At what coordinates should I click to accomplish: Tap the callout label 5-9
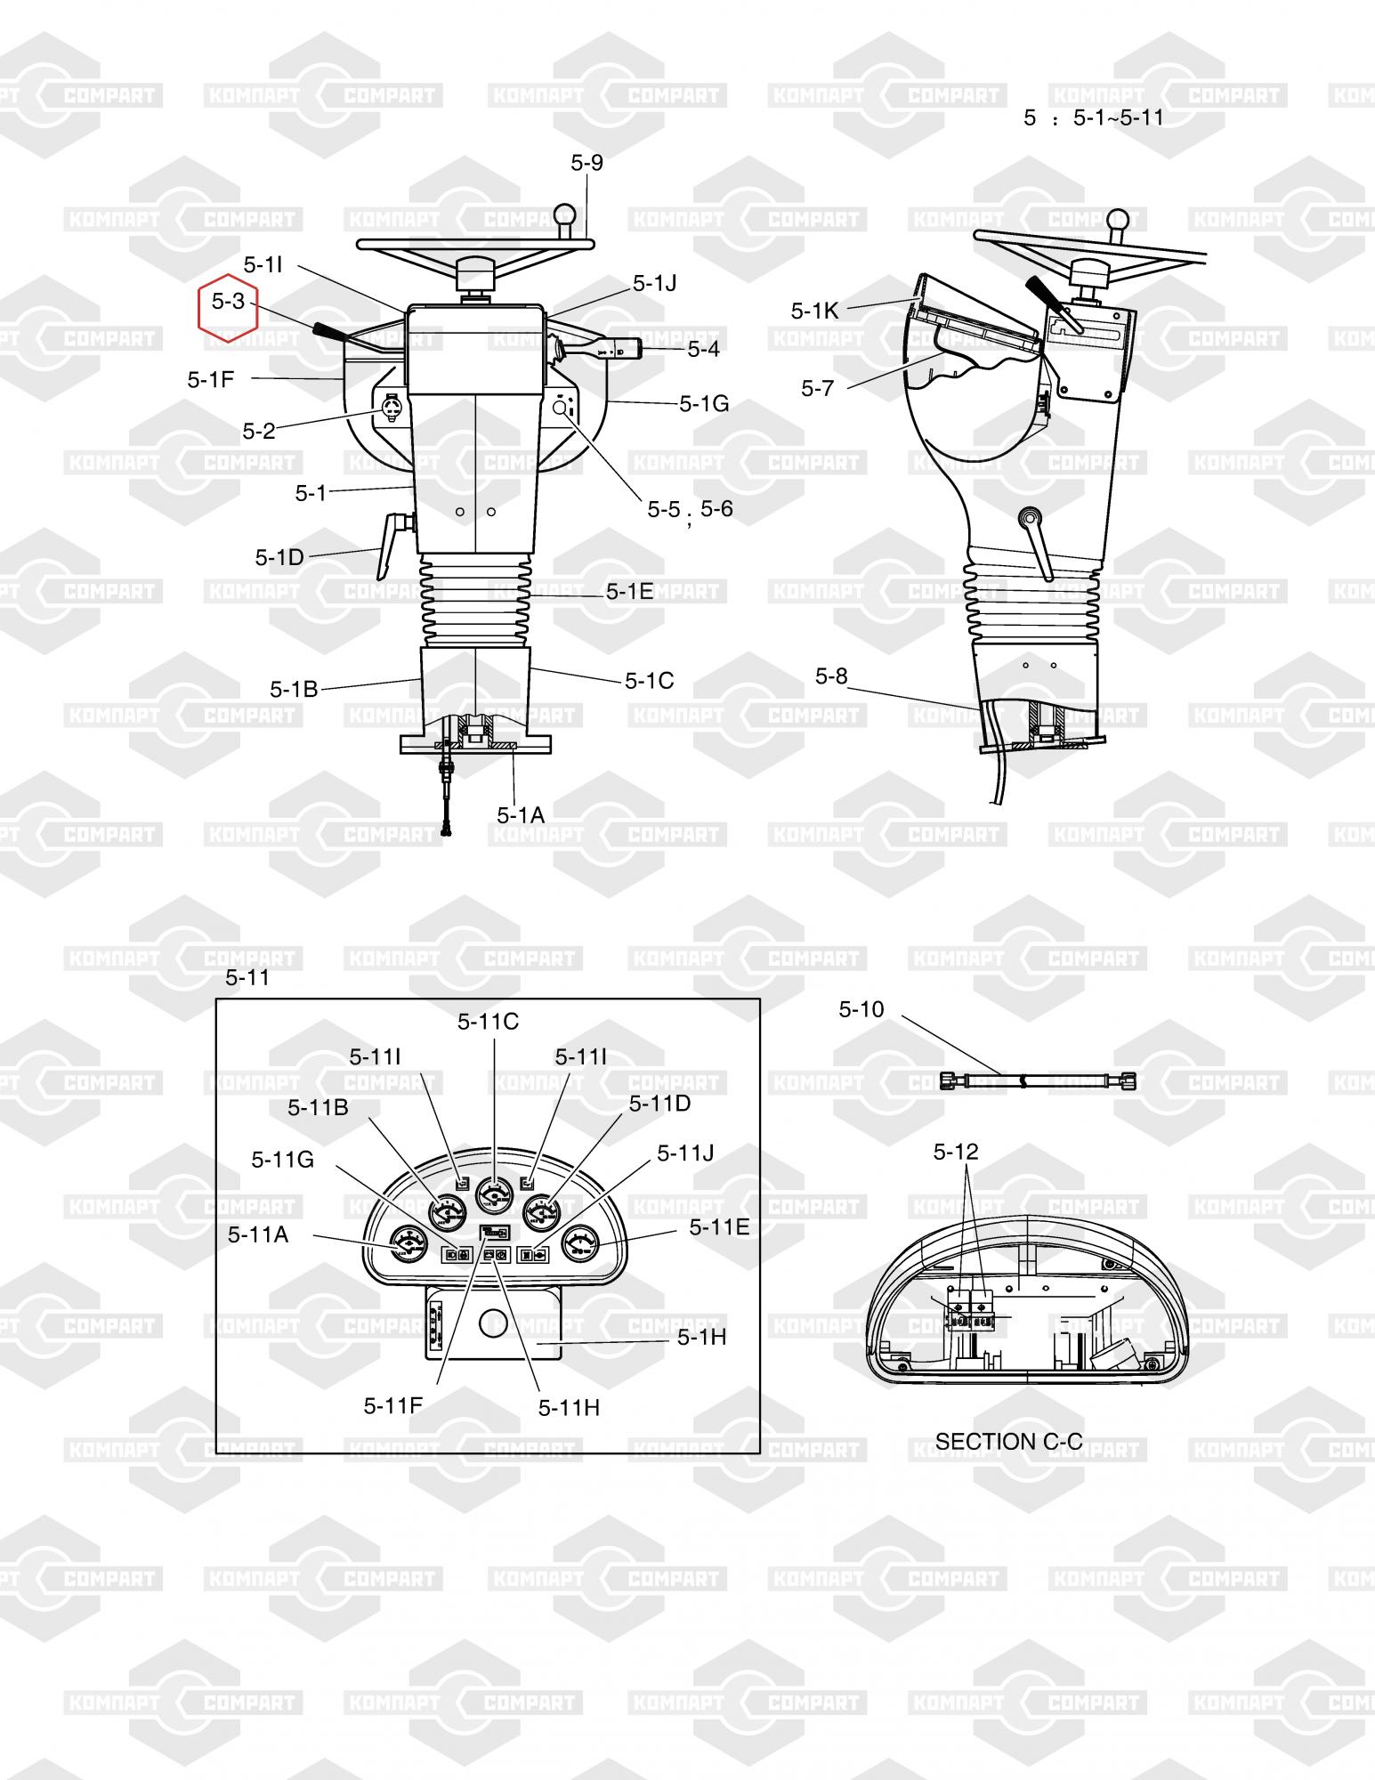click(587, 162)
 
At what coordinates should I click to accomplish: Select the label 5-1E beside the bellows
click(630, 591)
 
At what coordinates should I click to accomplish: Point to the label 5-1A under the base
click(522, 814)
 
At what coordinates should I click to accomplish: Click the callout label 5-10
click(861, 1008)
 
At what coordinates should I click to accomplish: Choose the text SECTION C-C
click(1009, 1441)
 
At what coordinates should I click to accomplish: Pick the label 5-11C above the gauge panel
click(488, 1022)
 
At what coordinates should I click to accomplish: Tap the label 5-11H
click(569, 1407)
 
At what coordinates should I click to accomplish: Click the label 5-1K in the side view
click(815, 310)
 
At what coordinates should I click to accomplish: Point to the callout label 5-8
click(832, 676)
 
